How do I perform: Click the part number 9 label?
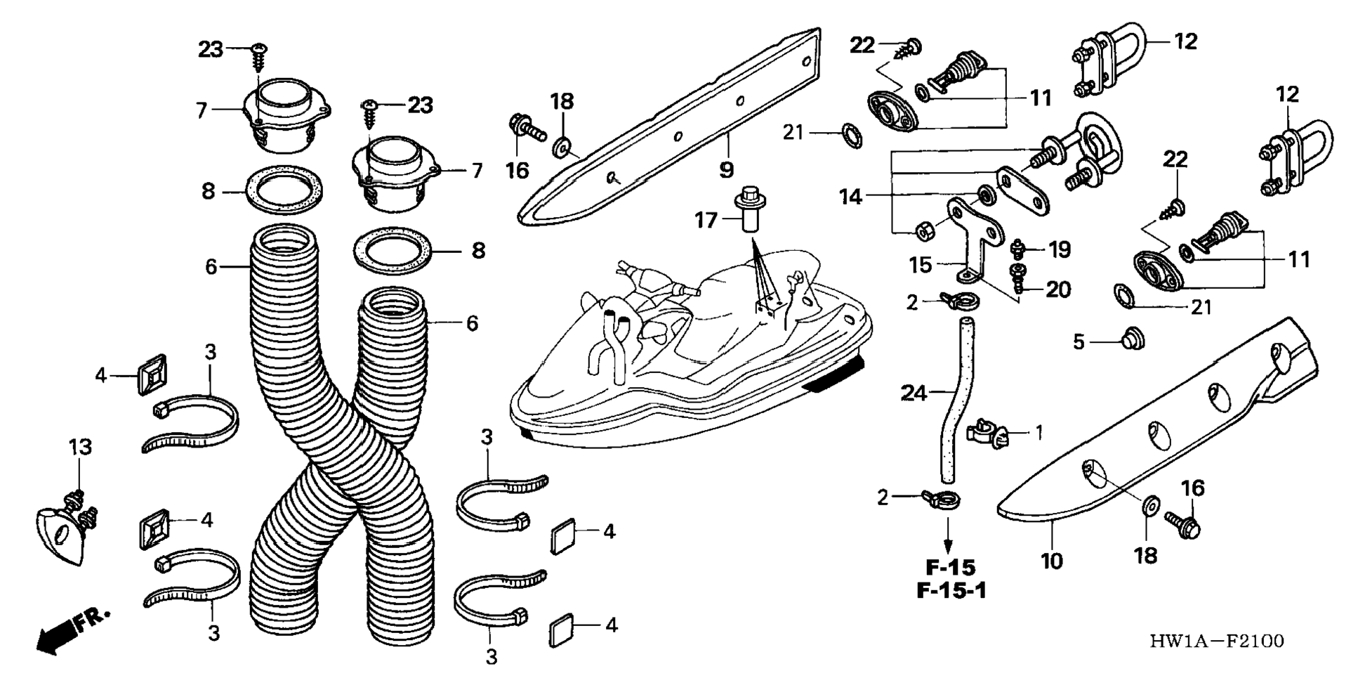[726, 169]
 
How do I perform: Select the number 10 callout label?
[1051, 561]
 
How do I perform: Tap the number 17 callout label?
[706, 221]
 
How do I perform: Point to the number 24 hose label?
[914, 393]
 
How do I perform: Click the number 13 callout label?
[80, 447]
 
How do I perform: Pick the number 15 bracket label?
[921, 265]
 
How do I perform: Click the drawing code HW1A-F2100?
[1216, 641]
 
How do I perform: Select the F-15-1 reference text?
[951, 590]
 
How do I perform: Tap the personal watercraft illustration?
[688, 351]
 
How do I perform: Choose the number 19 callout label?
[1059, 249]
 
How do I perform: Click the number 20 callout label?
[1058, 289]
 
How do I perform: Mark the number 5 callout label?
[1079, 342]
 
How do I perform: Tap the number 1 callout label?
[1039, 433]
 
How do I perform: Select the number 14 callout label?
[850, 197]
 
